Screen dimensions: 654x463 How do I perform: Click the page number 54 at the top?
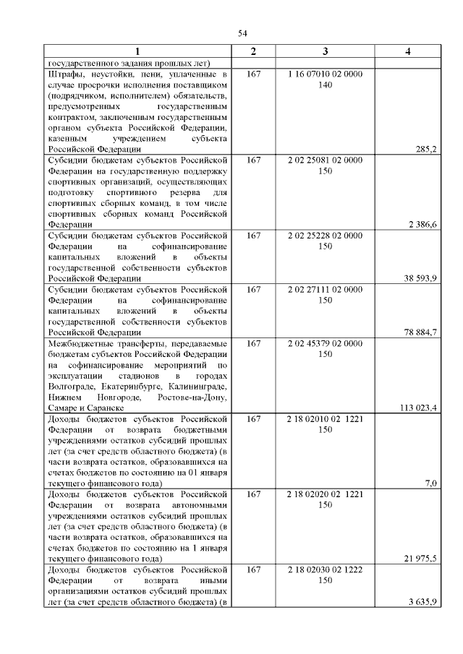(243, 33)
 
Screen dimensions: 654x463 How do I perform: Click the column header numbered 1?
(137, 51)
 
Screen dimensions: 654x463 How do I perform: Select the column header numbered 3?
(325, 51)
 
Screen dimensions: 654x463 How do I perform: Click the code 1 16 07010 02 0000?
(325, 74)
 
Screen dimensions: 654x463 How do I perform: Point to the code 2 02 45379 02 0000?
(325, 343)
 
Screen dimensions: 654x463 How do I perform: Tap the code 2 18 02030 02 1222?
(325, 569)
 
